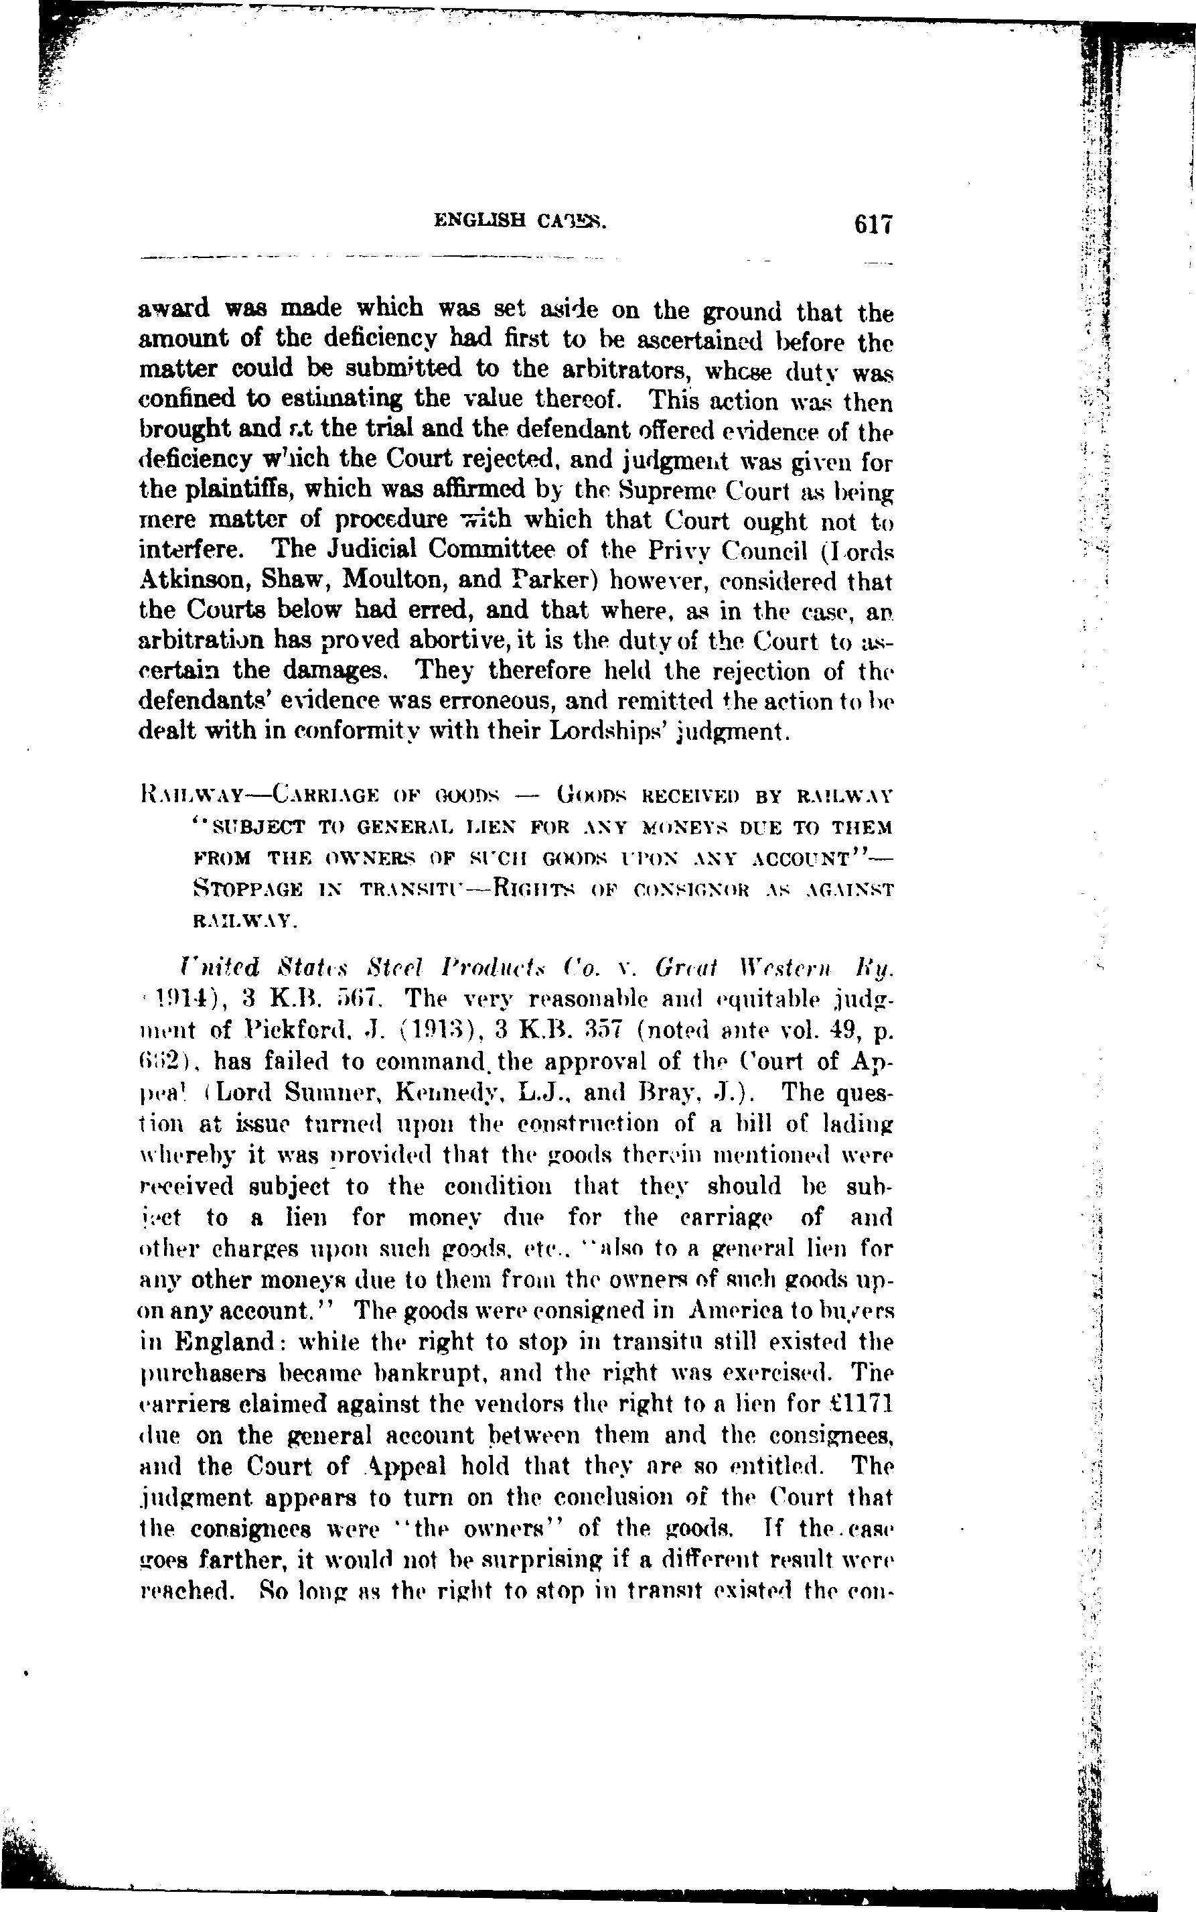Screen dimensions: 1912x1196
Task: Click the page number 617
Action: [873, 225]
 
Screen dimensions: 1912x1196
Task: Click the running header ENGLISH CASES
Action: [520, 222]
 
